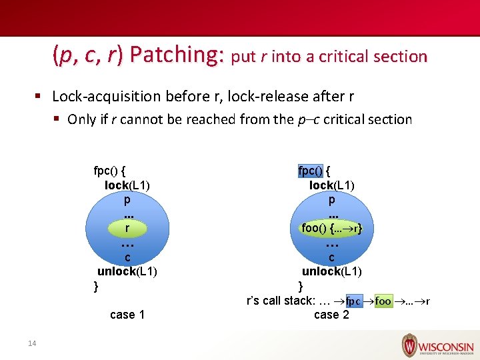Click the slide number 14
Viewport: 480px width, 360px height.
click(x=31, y=343)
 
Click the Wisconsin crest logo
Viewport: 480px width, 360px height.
click(x=409, y=346)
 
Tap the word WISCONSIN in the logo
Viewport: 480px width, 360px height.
click(x=446, y=347)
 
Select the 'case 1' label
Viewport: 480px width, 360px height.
click(x=127, y=315)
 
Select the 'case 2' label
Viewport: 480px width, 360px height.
click(x=331, y=315)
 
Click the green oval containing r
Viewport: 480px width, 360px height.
click(x=127, y=228)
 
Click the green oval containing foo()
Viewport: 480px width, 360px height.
click(x=331, y=228)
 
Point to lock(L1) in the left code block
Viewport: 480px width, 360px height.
click(x=127, y=185)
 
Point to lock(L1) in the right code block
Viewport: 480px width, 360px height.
click(x=331, y=185)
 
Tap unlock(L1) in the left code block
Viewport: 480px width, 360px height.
click(x=127, y=271)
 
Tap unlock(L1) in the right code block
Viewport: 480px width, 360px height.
click(x=331, y=271)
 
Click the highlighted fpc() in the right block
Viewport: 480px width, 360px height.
click(x=310, y=170)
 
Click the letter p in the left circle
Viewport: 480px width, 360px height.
click(x=127, y=199)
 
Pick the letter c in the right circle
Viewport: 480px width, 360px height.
click(x=331, y=257)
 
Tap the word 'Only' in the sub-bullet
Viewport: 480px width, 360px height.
click(x=81, y=120)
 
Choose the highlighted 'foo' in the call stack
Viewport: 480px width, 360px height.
click(x=383, y=301)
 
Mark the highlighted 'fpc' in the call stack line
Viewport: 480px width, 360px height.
click(x=354, y=301)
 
